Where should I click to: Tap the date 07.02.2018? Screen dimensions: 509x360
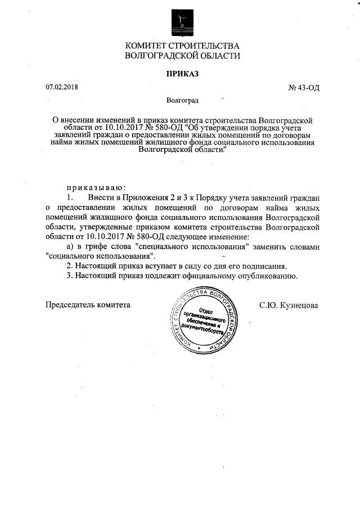click(x=62, y=88)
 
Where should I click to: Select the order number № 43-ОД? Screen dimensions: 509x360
click(x=304, y=88)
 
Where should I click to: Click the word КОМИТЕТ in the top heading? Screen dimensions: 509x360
click(x=147, y=46)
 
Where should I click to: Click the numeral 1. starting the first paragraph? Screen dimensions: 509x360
click(x=70, y=198)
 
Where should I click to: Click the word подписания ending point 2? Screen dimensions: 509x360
click(x=264, y=265)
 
